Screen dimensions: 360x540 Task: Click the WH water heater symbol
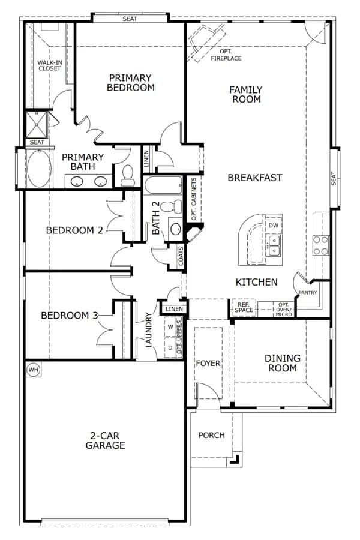tap(34, 370)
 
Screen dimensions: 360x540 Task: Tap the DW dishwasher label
tap(273, 226)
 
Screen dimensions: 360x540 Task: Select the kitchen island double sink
tap(274, 245)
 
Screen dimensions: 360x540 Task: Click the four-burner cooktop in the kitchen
tap(320, 245)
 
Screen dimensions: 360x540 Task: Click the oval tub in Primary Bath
tap(39, 169)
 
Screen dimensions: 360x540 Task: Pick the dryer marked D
tap(170, 348)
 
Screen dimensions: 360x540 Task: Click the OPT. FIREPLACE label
tap(226, 55)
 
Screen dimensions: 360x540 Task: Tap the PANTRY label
tap(308, 292)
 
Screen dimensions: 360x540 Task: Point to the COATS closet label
tap(181, 256)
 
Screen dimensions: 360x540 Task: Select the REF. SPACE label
tap(244, 307)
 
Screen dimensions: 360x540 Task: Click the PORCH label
tap(212, 436)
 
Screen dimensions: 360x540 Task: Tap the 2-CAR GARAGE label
tap(105, 440)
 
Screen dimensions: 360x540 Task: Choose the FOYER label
tap(208, 364)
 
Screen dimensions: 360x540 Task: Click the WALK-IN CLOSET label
tap(50, 65)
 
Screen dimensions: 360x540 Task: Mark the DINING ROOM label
tap(282, 363)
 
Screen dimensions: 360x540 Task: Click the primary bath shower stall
tap(36, 124)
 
